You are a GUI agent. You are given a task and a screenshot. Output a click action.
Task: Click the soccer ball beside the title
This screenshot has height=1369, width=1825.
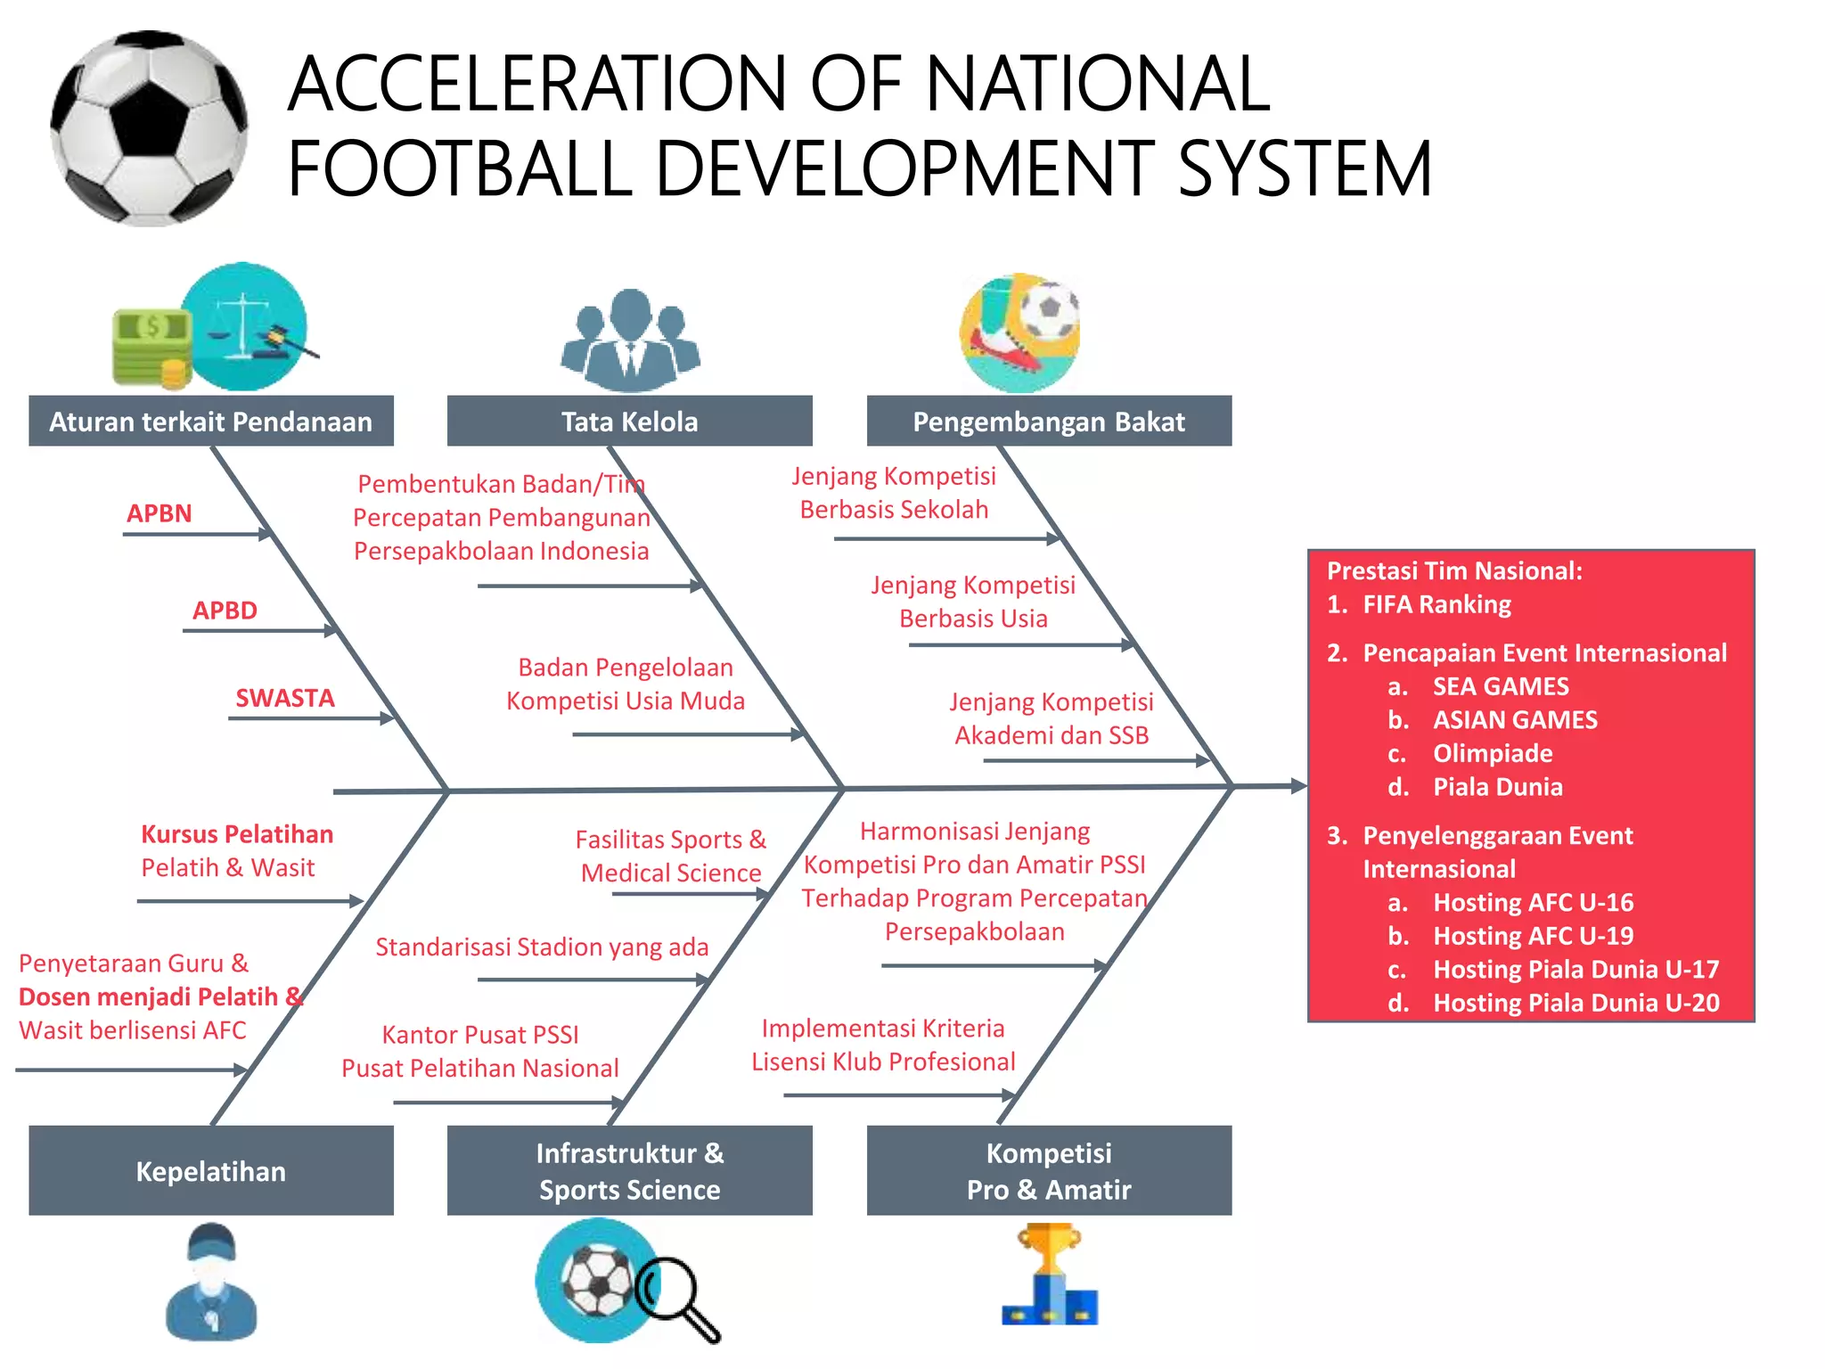tap(150, 129)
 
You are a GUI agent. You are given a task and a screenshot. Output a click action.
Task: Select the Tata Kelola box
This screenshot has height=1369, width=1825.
tap(629, 421)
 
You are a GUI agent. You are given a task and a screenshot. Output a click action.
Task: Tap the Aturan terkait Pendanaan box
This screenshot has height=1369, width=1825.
tap(210, 421)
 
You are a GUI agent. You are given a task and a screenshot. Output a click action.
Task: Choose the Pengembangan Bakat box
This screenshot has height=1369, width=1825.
tap(1049, 421)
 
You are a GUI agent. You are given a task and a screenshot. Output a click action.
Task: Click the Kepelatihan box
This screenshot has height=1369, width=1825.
tap(210, 1170)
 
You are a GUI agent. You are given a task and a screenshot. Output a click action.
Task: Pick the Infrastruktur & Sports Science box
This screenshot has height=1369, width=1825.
tap(629, 1170)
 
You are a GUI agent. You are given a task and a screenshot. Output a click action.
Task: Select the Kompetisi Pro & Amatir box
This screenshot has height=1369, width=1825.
tap(1049, 1170)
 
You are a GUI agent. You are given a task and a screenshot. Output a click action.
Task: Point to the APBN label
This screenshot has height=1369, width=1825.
tap(160, 513)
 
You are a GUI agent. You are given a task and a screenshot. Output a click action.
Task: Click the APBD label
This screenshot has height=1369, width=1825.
tap(225, 611)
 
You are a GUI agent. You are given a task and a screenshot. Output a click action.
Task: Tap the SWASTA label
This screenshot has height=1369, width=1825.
tap(285, 698)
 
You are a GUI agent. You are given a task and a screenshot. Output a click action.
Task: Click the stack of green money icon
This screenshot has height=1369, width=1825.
tap(151, 348)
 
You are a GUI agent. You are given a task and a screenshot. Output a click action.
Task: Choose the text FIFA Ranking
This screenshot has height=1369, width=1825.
tap(1436, 604)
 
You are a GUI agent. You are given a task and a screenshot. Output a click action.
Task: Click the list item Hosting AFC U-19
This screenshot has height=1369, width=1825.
tap(1533, 936)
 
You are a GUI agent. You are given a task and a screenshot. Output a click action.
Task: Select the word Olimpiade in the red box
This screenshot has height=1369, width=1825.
tap(1493, 753)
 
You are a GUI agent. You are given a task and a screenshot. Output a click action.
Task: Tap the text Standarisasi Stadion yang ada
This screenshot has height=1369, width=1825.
tap(542, 947)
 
